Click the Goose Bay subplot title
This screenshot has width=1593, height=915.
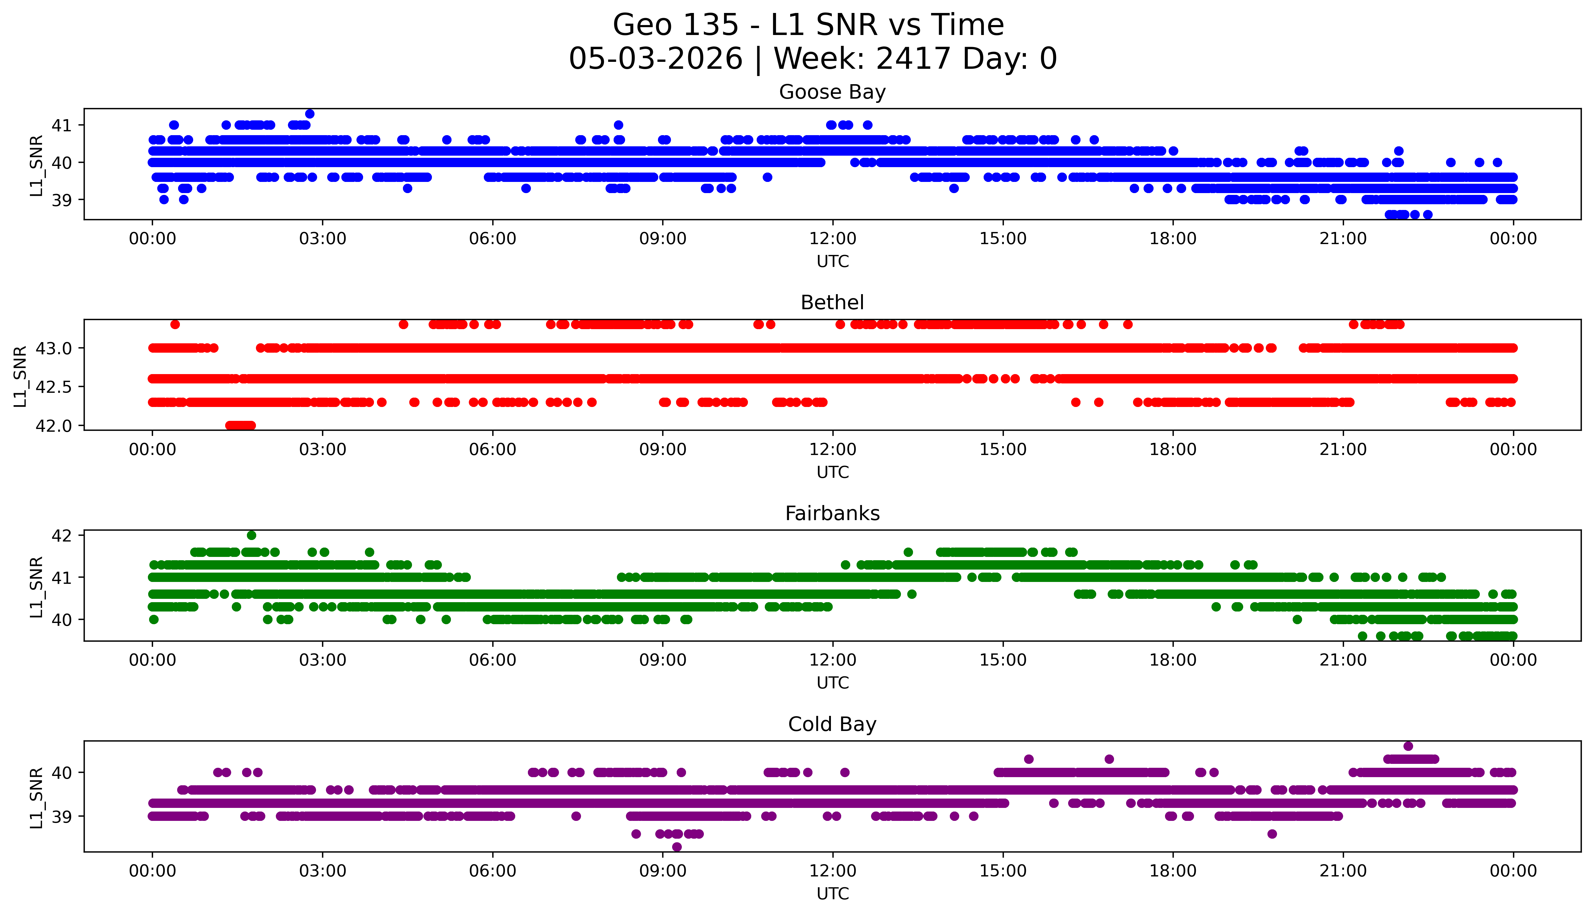coord(832,92)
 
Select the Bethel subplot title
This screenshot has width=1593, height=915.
coord(832,303)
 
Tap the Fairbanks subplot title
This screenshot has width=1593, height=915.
coord(832,513)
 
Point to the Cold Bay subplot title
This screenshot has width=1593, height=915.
coord(832,725)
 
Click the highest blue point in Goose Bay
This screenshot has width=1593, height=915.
coord(310,114)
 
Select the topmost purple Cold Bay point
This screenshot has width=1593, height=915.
coord(1408,746)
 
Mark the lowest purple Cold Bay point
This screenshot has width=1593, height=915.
coord(676,847)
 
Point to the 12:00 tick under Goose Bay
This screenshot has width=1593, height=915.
coord(833,239)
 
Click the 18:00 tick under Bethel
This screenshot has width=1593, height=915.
coord(1173,449)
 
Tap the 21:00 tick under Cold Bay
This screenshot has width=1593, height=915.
coord(1343,871)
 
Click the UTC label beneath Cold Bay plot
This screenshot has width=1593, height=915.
coord(832,894)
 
